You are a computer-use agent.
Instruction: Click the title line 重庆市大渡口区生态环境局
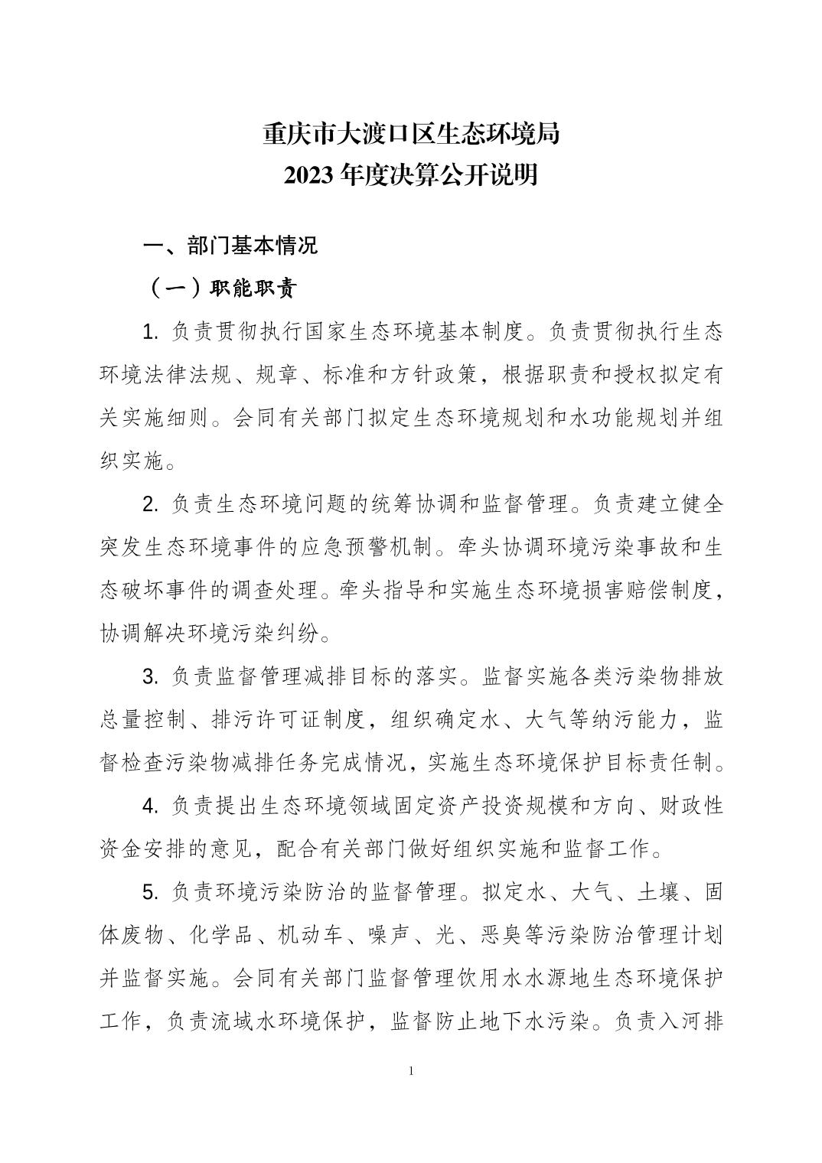pos(411,134)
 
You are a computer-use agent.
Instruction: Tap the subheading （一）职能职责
pos(221,288)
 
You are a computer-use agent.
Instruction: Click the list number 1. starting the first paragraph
pos(151,332)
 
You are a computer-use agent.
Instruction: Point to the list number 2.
pos(151,504)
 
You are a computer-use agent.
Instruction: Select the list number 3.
pos(151,676)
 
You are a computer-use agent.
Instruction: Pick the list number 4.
pos(151,806)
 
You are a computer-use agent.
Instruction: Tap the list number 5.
pos(151,892)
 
